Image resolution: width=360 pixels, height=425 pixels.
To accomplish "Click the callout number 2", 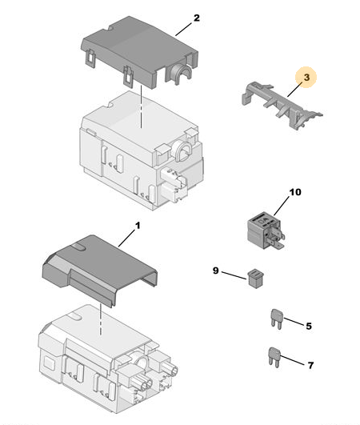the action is point(197,18).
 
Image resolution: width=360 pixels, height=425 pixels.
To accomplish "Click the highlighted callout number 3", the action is point(306,78).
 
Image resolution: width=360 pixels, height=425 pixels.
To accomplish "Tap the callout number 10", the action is point(295,192).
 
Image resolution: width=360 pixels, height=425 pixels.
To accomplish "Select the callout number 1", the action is point(138,226).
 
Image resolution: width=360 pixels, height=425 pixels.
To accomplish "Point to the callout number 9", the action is point(216,271).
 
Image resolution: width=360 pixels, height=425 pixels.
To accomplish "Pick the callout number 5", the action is point(309,326).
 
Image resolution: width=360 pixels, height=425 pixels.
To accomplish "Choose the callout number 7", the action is point(310,365).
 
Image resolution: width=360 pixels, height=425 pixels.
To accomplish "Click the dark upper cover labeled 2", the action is point(140,51).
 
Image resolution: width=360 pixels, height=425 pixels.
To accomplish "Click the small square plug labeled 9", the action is point(255,279).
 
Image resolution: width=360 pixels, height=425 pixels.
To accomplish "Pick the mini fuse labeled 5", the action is point(277,319).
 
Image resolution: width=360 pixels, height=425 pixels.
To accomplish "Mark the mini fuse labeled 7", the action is point(274,358).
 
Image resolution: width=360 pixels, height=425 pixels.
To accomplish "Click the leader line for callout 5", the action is point(294,321).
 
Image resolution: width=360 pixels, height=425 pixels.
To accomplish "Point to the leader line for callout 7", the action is point(293,360).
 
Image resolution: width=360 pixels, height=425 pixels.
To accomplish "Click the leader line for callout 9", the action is point(234,275).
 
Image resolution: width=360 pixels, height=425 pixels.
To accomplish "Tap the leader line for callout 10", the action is point(282,206).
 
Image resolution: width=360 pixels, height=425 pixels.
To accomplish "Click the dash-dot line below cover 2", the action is point(141,106).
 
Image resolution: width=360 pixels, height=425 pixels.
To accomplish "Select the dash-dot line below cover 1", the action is point(101,319).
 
